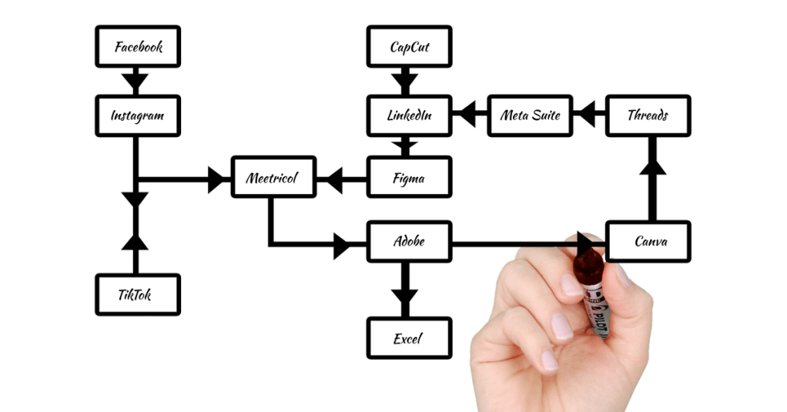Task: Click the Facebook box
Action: tap(138, 46)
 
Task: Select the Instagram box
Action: tap(138, 116)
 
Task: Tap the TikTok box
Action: tap(138, 295)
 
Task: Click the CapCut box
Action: tap(409, 46)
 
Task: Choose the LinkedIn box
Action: tap(409, 116)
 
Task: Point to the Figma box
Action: tap(409, 178)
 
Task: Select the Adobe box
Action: tap(409, 242)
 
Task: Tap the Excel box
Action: tap(409, 338)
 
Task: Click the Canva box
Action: tap(648, 242)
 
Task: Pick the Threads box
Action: tap(648, 116)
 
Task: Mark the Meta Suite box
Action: tap(530, 116)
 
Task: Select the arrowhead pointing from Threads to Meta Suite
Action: tap(587, 116)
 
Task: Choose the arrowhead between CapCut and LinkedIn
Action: tap(404, 80)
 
